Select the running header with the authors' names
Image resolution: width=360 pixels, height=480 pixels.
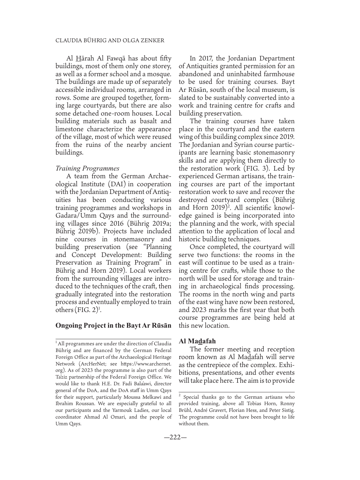point(110,40)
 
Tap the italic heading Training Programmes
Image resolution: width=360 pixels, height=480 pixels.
point(87,168)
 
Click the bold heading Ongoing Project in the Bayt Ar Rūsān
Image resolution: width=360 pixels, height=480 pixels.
point(113,326)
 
